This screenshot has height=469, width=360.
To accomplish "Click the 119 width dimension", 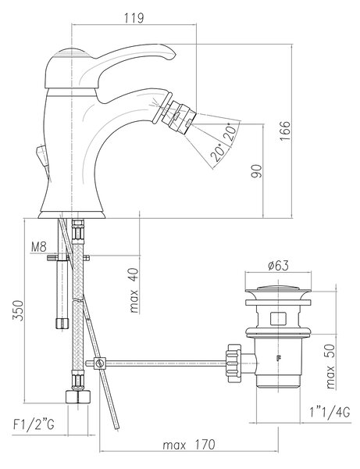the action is pyautogui.click(x=134, y=18).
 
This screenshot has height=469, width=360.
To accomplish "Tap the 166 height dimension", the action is pyautogui.click(x=285, y=131).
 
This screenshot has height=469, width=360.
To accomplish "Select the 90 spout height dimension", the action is pyautogui.click(x=256, y=171).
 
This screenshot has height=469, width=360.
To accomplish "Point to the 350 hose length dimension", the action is pyautogui.click(x=18, y=310).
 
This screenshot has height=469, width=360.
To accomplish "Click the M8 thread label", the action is pyautogui.click(x=39, y=247).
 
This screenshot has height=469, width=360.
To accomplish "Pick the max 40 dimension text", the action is pyautogui.click(x=134, y=291).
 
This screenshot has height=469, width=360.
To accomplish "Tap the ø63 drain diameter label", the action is pyautogui.click(x=279, y=265).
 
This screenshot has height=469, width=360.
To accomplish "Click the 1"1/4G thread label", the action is pyautogui.click(x=330, y=413).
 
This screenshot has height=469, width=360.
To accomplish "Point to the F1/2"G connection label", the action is pyautogui.click(x=34, y=424).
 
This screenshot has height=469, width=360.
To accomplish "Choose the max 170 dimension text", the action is pyautogui.click(x=189, y=445).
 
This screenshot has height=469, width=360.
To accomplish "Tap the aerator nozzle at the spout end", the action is pyautogui.click(x=179, y=117).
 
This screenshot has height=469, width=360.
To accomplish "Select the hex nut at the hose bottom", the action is pyautogui.click(x=77, y=396).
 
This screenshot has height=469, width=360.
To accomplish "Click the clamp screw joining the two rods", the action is pyautogui.click(x=100, y=363).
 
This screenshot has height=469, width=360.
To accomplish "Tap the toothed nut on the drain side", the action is pyautogui.click(x=233, y=363).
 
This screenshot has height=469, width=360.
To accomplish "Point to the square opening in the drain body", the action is pyautogui.click(x=279, y=318).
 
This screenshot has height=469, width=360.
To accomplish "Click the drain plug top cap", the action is pyautogui.click(x=278, y=288).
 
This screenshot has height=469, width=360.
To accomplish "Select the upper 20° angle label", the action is pyautogui.click(x=232, y=131).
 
